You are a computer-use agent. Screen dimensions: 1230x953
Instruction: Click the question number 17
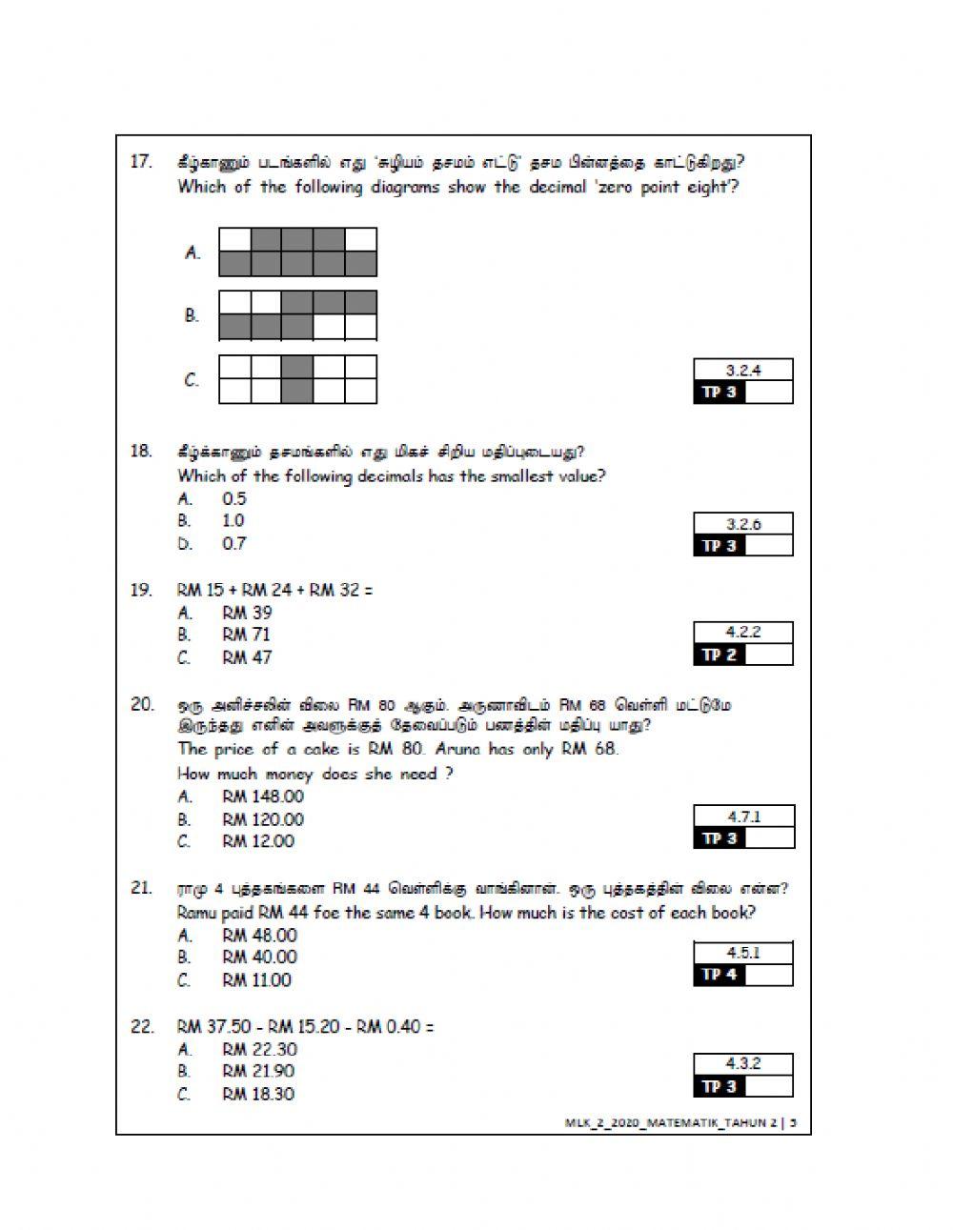[141, 161]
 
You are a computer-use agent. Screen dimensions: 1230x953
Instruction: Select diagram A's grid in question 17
[298, 252]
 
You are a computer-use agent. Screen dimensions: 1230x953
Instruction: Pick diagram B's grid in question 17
[298, 315]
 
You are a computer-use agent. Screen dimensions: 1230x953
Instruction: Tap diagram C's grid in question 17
[298, 379]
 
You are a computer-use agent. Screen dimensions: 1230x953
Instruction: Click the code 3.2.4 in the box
[743, 371]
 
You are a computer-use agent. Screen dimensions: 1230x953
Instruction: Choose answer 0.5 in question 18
[234, 498]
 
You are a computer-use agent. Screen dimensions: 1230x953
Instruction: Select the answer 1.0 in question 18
[233, 520]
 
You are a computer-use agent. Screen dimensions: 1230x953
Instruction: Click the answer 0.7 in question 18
[234, 543]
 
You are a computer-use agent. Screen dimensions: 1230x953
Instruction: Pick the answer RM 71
[247, 635]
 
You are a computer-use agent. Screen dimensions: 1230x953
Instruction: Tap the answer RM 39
[247, 613]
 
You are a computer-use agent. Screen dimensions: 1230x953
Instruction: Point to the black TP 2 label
[719, 655]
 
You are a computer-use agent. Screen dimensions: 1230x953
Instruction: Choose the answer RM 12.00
[258, 841]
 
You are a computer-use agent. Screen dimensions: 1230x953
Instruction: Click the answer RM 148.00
[263, 796]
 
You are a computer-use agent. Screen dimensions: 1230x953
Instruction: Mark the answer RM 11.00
[257, 979]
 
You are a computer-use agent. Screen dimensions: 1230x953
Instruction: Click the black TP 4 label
[719, 975]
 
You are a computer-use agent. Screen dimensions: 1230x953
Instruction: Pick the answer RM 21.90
[258, 1071]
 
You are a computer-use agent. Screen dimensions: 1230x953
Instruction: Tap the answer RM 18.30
[258, 1094]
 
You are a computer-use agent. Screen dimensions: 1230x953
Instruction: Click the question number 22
[142, 1026]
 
